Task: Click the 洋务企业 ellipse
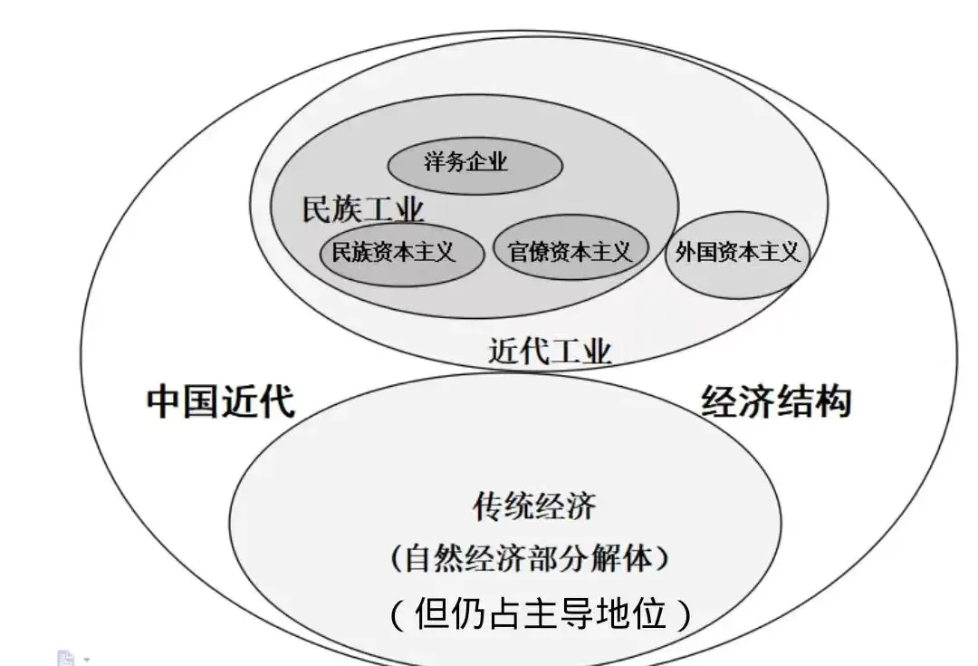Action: coord(475,165)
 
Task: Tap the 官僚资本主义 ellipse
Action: coord(570,251)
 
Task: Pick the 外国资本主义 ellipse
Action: coord(738,253)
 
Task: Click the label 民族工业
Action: coord(362,209)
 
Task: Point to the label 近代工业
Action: coord(550,351)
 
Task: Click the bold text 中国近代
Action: coord(221,400)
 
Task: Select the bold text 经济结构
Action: coord(776,400)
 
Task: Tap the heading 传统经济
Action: coord(534,506)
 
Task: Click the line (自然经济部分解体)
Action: coord(531,558)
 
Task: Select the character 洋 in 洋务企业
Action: coord(435,164)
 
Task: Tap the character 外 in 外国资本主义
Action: coord(686,253)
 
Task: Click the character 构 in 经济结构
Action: coord(833,400)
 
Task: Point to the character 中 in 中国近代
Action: coord(164,400)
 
